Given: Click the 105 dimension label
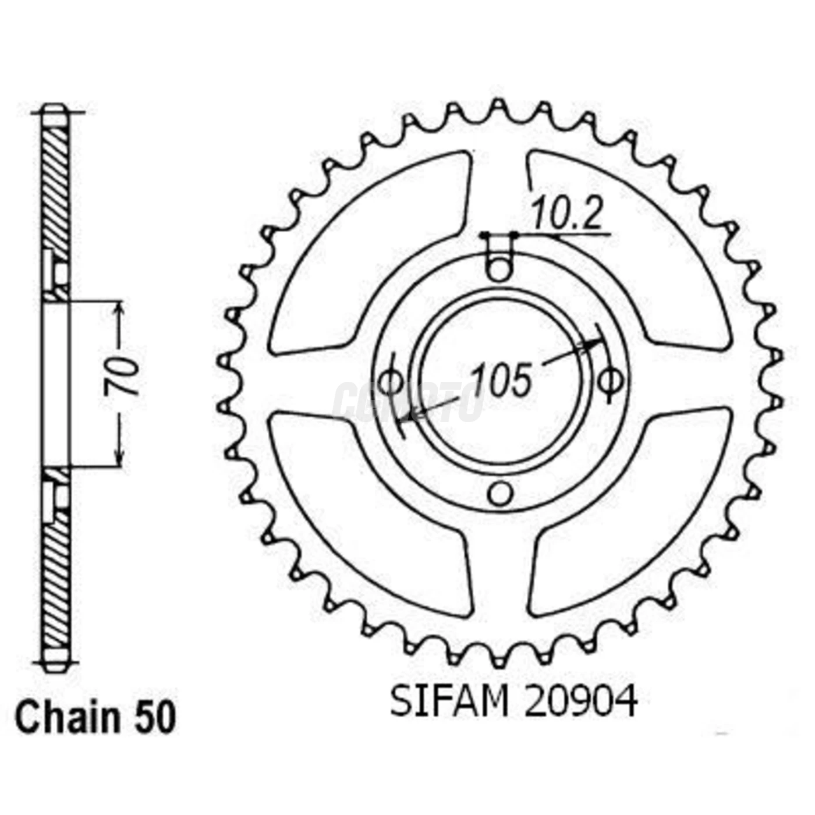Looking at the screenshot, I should [501, 380].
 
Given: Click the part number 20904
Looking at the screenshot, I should [580, 702].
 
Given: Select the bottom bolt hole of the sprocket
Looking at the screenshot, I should [499, 494].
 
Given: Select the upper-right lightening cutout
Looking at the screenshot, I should [632, 250].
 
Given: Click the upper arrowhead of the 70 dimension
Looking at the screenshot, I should [119, 311].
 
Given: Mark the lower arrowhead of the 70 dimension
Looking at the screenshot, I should [119, 457].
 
